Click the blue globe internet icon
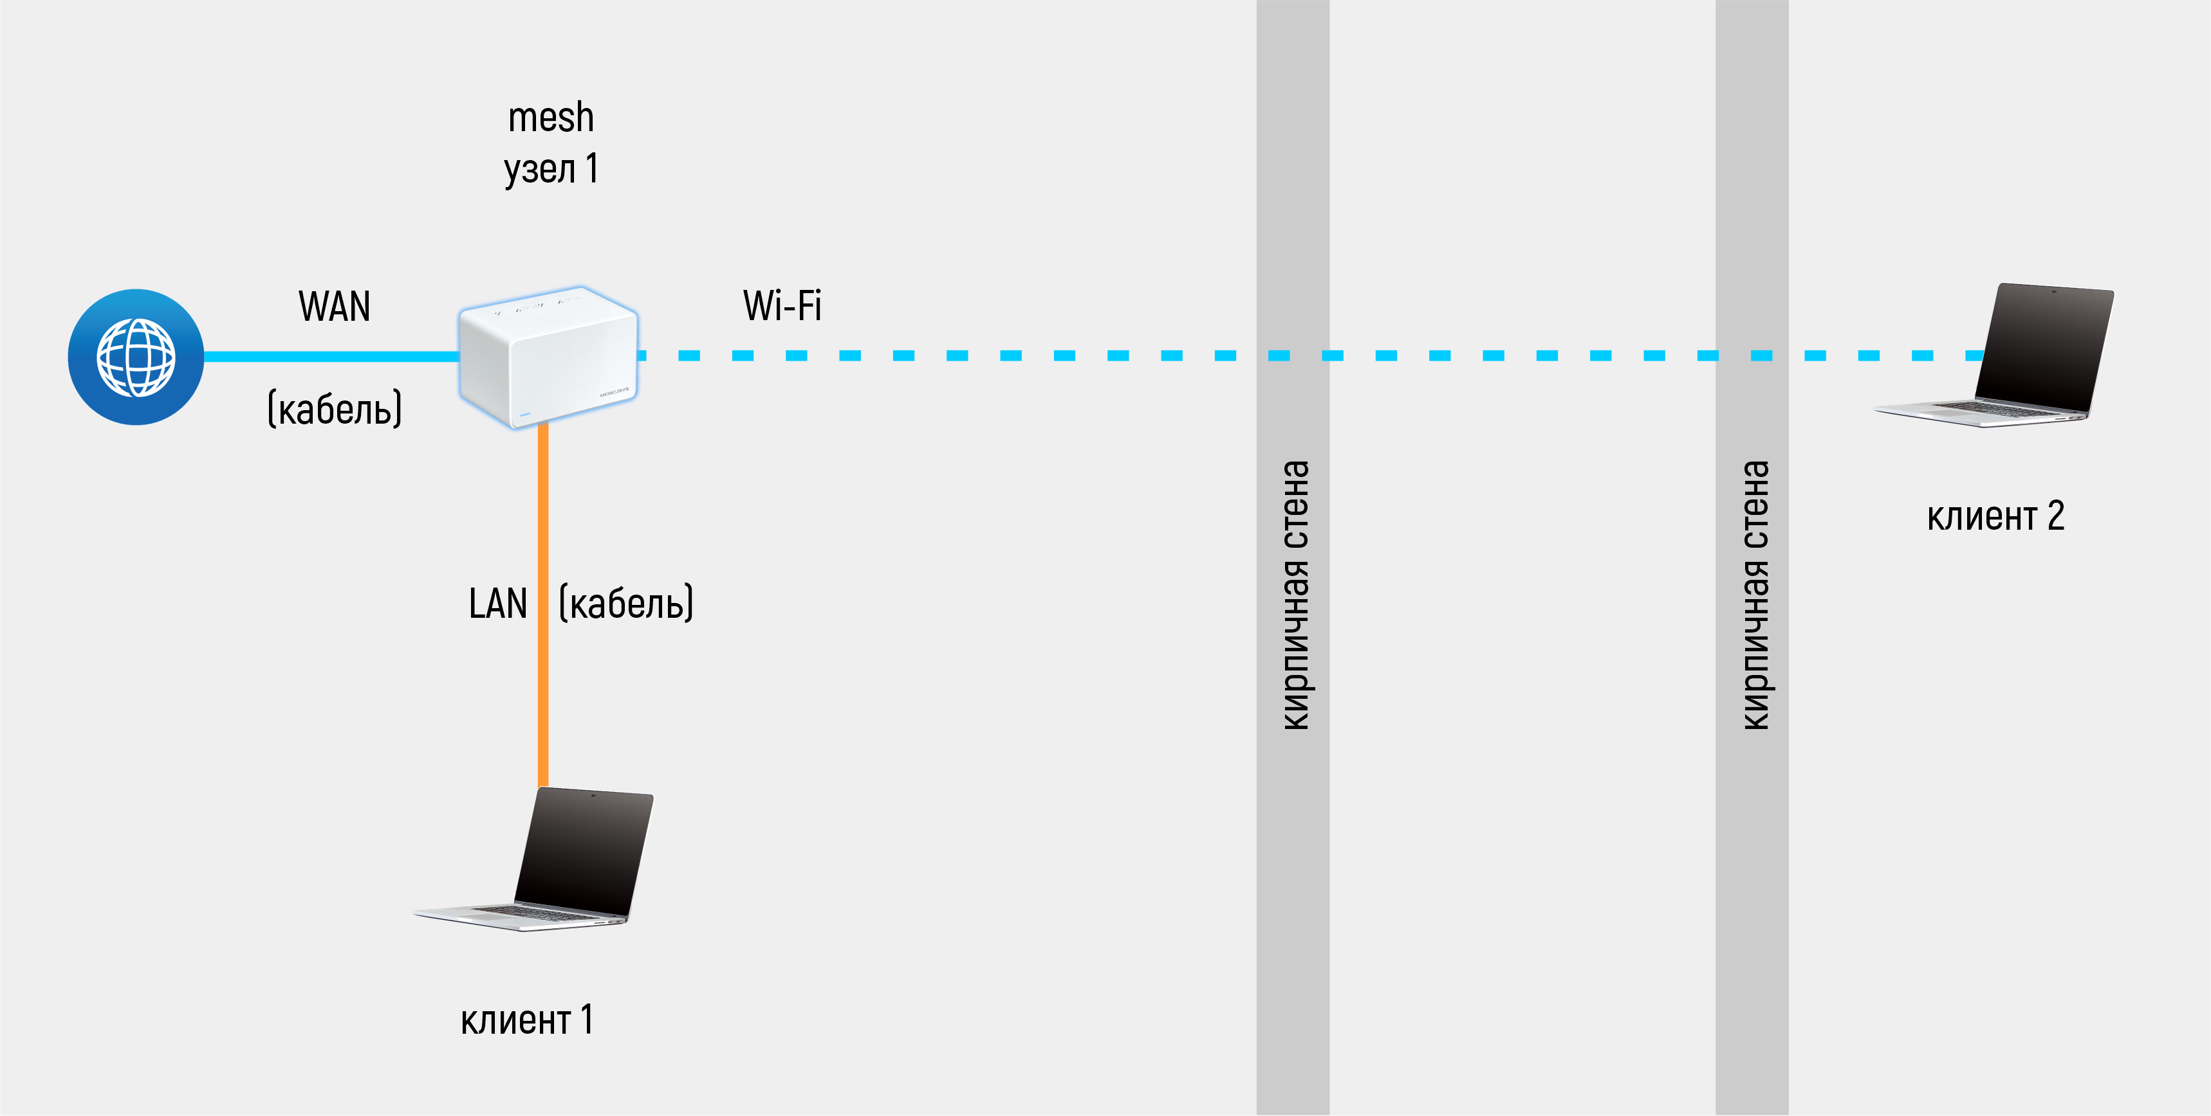pos(136,357)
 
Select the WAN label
pos(334,306)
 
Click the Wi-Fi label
pos(782,305)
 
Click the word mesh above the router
pos(550,118)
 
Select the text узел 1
pos(550,168)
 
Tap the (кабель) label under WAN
pos(334,408)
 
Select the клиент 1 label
pos(526,1020)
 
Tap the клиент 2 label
pos(1995,516)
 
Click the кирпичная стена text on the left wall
pos(1294,595)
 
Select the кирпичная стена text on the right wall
pos(1754,595)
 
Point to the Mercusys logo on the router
pos(614,392)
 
